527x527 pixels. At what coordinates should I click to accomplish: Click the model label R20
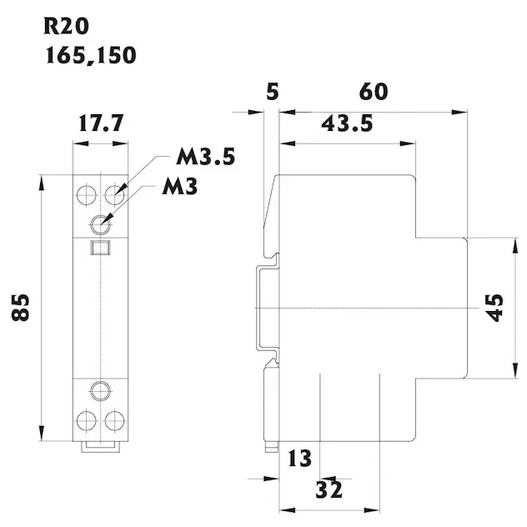[x=64, y=24]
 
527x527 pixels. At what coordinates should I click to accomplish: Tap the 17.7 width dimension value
[x=101, y=125]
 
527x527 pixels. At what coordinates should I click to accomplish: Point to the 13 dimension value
[x=299, y=458]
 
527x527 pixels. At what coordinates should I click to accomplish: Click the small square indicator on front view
[x=101, y=247]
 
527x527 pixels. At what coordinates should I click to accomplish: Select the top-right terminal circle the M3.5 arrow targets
[x=114, y=195]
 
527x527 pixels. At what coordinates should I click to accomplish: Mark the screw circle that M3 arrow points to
[x=101, y=223]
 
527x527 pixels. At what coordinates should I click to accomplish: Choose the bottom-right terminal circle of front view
[x=114, y=419]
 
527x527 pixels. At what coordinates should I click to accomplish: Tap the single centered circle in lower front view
[x=101, y=390]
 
